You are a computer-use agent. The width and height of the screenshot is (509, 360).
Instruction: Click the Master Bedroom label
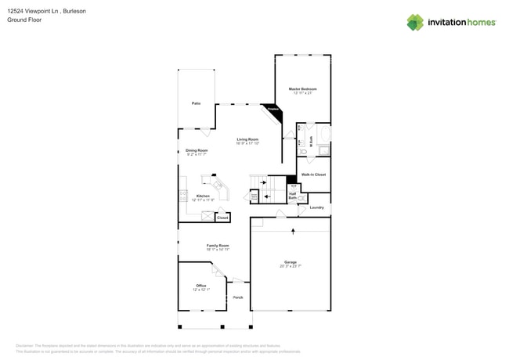(x=301, y=89)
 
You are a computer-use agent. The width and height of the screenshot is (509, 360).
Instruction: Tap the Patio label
(x=196, y=103)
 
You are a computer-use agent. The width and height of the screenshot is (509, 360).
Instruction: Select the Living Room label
(x=247, y=139)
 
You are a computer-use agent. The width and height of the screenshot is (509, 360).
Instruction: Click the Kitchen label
(x=203, y=196)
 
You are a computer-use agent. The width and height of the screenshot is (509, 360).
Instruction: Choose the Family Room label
(x=218, y=246)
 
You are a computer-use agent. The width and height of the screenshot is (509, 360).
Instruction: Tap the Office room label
(x=201, y=286)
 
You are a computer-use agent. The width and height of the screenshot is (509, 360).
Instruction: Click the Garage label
(x=291, y=262)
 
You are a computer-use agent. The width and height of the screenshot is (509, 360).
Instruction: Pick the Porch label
(x=237, y=297)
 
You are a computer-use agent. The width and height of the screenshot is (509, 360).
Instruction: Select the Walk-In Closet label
(x=313, y=175)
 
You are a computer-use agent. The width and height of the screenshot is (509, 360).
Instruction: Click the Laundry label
(x=316, y=207)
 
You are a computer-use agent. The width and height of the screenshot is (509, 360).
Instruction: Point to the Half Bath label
(x=292, y=196)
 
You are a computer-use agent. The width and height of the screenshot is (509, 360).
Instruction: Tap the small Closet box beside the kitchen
(x=222, y=218)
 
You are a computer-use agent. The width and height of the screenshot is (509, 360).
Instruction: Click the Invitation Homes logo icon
(x=414, y=23)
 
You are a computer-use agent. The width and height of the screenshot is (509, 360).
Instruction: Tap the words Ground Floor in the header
(x=23, y=20)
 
